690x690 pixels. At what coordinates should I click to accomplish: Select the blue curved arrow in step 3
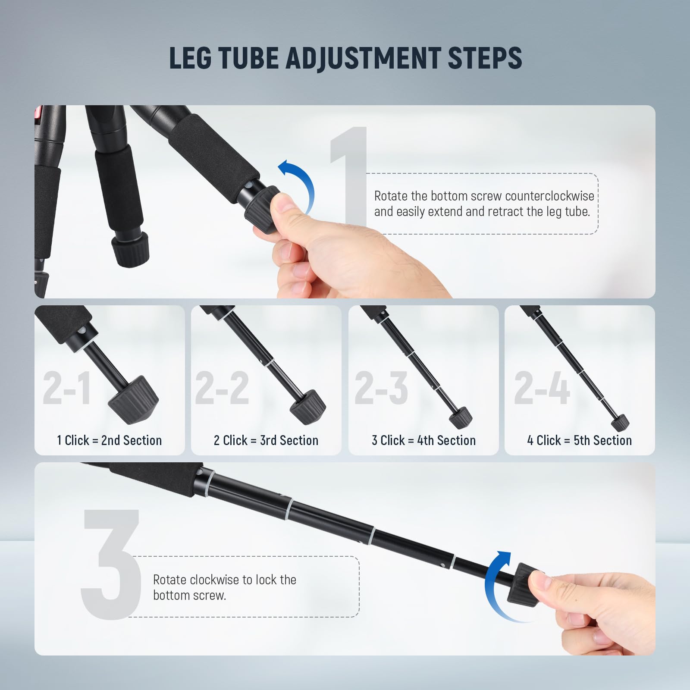[496, 582]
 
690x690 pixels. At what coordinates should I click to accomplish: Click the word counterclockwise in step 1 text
[549, 196]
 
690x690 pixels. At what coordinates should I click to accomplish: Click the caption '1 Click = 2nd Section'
[110, 440]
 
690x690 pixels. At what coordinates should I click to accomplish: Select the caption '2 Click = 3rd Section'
[266, 440]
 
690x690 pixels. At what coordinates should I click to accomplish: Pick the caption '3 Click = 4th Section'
[423, 440]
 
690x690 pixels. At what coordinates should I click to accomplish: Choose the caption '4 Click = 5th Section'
[579, 440]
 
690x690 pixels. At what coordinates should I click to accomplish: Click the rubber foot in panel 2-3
[461, 417]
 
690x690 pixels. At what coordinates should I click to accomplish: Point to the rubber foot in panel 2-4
[620, 421]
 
